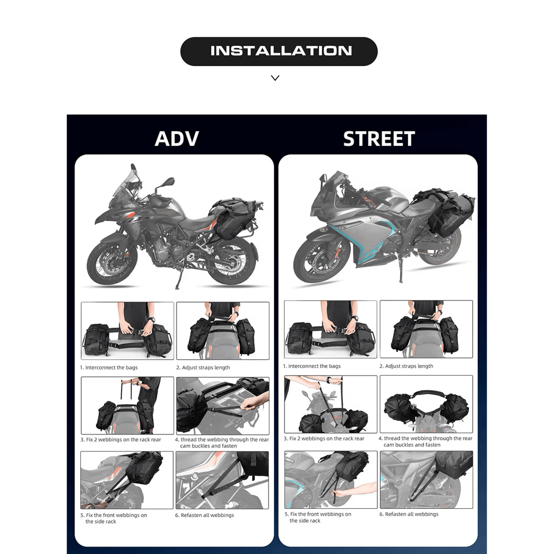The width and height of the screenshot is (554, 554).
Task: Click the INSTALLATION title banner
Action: click(x=278, y=51)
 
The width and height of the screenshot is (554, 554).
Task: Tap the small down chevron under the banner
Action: click(x=275, y=78)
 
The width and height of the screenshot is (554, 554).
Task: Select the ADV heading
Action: click(x=176, y=138)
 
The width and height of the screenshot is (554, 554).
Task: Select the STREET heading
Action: click(x=379, y=138)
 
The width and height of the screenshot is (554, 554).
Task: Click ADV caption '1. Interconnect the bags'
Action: click(x=108, y=367)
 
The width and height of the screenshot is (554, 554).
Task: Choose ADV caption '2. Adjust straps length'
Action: click(x=203, y=367)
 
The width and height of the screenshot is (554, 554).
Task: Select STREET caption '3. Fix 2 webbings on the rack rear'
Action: click(x=324, y=439)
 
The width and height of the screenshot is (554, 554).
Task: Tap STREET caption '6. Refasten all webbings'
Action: click(x=409, y=514)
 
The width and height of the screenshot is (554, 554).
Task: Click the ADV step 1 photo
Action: click(x=127, y=331)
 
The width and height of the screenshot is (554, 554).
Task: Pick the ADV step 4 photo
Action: click(x=223, y=406)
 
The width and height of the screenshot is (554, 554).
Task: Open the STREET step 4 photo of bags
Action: click(x=426, y=404)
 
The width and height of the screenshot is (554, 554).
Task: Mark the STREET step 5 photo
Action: click(x=331, y=480)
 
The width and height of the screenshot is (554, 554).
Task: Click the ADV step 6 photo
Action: click(x=222, y=480)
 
